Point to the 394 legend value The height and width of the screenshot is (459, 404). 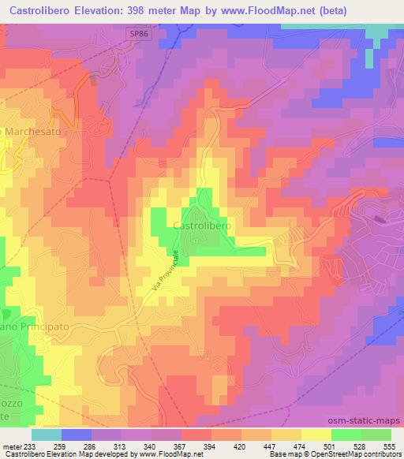211,446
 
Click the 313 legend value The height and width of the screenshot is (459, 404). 121,446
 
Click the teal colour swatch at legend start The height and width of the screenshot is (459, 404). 46,435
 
